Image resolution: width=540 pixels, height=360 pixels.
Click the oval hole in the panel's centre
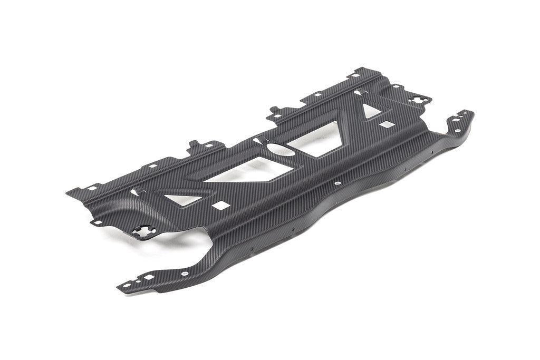[283, 150]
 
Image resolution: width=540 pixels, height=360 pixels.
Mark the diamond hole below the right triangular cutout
[388, 124]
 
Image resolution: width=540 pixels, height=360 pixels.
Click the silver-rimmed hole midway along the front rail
[337, 183]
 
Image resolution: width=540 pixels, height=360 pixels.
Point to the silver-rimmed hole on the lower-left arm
[184, 274]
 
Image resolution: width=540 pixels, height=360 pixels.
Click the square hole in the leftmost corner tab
[93, 188]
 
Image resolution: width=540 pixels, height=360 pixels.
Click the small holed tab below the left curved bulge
[97, 222]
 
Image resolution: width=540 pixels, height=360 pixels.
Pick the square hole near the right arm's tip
[464, 114]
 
